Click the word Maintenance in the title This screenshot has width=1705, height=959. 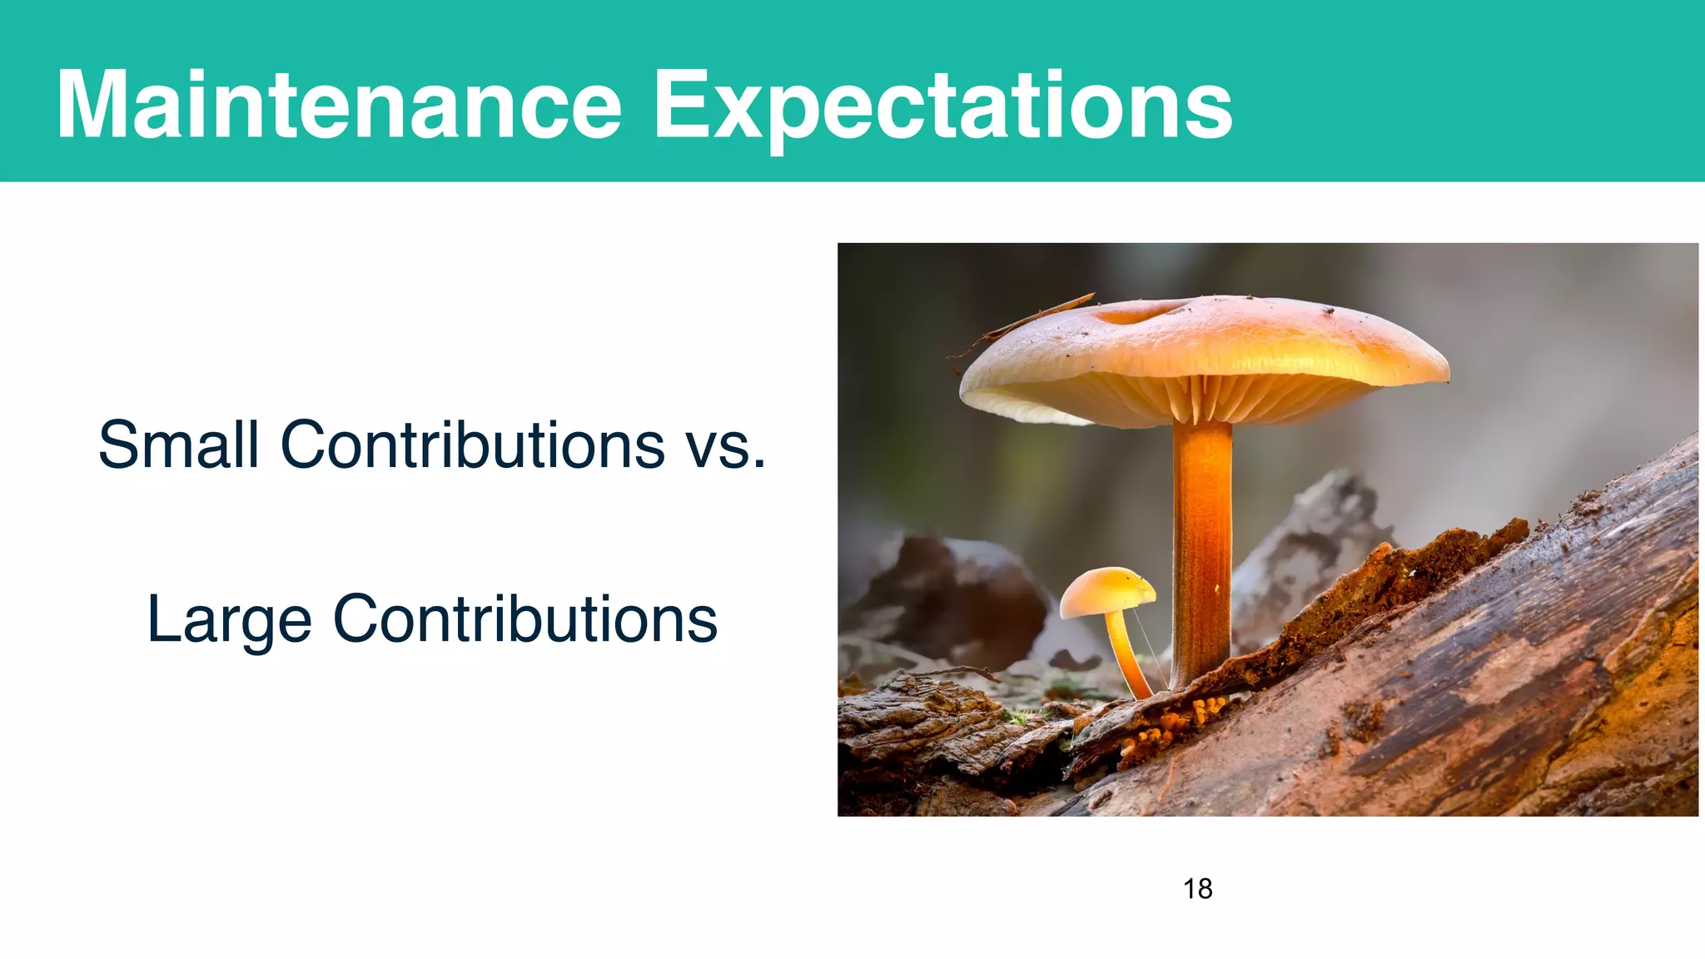click(x=339, y=105)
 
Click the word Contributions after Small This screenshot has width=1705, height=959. click(x=472, y=445)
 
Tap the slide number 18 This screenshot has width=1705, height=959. click(x=1197, y=889)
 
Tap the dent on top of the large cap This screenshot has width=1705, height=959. click(x=1136, y=313)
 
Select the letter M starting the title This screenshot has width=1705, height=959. click(x=92, y=105)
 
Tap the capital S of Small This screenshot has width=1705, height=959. click(x=117, y=445)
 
